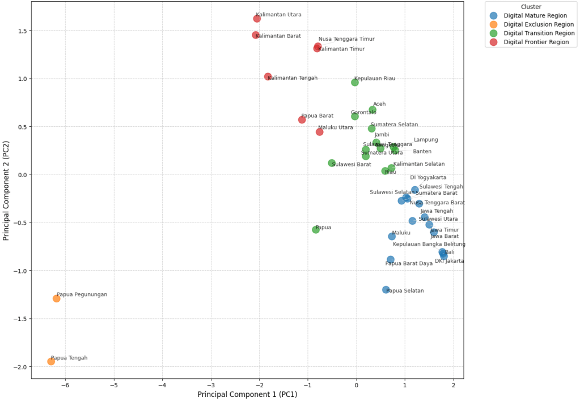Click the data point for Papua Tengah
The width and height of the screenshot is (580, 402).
pyautogui.click(x=51, y=361)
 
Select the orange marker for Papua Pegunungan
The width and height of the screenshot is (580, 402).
pyautogui.click(x=57, y=298)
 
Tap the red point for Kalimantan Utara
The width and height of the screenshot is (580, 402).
pyautogui.click(x=257, y=19)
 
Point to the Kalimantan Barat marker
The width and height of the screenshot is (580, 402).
pyautogui.click(x=256, y=35)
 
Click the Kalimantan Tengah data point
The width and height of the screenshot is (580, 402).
pyautogui.click(x=268, y=76)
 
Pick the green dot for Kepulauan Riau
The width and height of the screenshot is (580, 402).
pyautogui.click(x=355, y=82)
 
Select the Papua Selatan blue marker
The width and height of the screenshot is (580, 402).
pyautogui.click(x=386, y=289)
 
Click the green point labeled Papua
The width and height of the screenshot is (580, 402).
pyautogui.click(x=316, y=229)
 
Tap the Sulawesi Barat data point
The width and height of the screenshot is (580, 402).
pyautogui.click(x=332, y=163)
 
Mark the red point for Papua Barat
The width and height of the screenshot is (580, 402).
pyautogui.click(x=302, y=119)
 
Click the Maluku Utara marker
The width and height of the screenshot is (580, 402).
pyautogui.click(x=319, y=132)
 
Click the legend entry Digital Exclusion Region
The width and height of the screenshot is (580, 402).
pyautogui.click(x=539, y=24)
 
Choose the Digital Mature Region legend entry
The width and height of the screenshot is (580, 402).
pyautogui.click(x=534, y=16)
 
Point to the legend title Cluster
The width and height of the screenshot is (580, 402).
pyautogui.click(x=531, y=7)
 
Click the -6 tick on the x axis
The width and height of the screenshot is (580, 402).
pyautogui.click(x=66, y=386)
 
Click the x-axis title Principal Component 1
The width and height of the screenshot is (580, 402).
pyautogui.click(x=247, y=394)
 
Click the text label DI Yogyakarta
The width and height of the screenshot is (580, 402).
pyautogui.click(x=428, y=177)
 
